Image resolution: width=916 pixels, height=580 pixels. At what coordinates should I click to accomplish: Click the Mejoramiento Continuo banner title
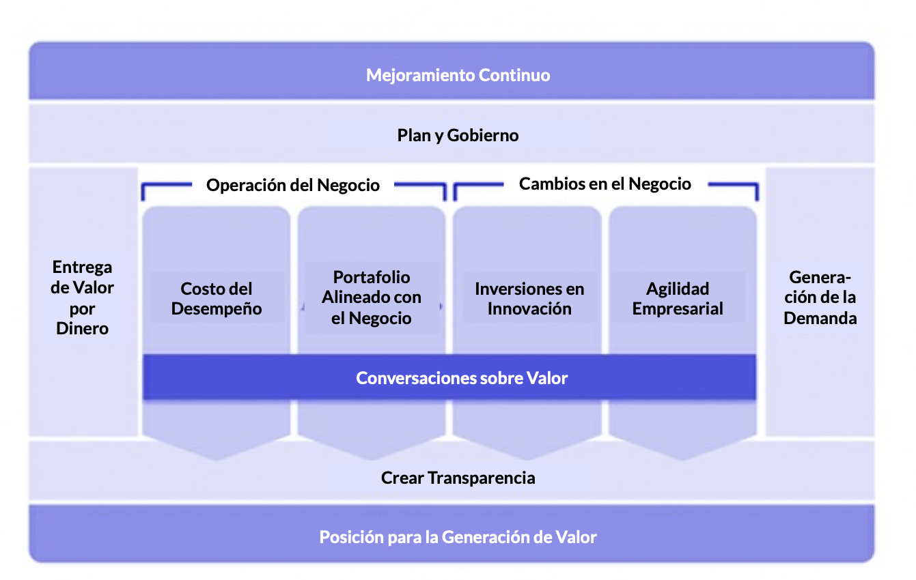[458, 75]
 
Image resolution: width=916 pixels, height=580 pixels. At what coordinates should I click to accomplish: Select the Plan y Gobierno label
[458, 135]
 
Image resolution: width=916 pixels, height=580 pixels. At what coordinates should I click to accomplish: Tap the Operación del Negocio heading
[293, 185]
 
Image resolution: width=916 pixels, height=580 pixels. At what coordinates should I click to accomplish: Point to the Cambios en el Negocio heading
[605, 184]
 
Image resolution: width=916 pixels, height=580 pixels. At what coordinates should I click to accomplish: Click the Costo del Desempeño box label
[217, 299]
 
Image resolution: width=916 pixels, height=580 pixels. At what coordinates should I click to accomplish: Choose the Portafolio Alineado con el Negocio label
[372, 298]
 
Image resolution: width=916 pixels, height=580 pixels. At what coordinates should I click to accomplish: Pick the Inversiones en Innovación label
[529, 299]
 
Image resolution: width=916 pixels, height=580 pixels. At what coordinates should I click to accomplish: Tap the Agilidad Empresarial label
[678, 299]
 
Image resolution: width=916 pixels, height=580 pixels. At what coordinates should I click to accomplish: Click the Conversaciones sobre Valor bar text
[462, 378]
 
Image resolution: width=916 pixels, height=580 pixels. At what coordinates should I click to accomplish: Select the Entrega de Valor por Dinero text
[82, 298]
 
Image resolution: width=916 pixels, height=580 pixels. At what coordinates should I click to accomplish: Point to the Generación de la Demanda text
[820, 298]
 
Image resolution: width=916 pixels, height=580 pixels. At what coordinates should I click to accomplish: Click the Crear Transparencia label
[458, 478]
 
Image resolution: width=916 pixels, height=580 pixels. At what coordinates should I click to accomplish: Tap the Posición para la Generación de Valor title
[458, 537]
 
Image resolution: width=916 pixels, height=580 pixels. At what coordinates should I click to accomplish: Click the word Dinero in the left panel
[82, 328]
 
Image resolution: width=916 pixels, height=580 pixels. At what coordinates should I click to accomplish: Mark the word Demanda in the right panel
[820, 318]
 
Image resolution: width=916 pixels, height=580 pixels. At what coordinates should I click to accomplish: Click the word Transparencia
[481, 478]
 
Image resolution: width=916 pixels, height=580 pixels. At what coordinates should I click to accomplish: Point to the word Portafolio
[372, 277]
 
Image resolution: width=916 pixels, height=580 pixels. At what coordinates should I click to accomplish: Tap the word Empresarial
[678, 308]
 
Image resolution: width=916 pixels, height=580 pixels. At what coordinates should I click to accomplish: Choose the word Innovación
[529, 308]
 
